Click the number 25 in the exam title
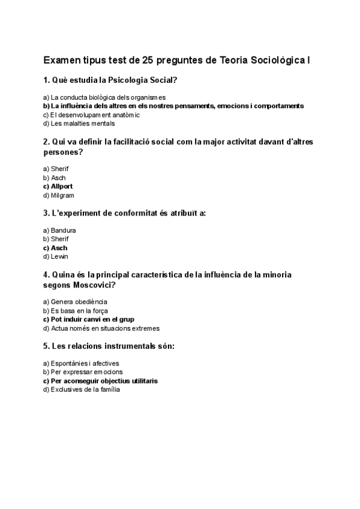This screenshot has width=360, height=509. pyautogui.click(x=149, y=61)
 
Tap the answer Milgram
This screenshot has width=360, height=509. pyautogui.click(x=59, y=195)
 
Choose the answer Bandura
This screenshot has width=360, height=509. pyautogui.click(x=59, y=230)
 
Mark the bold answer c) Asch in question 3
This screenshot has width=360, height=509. pyautogui.click(x=55, y=248)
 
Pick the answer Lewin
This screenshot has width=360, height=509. pyautogui.click(x=56, y=256)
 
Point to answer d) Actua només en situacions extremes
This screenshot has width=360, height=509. pyautogui.click(x=101, y=328)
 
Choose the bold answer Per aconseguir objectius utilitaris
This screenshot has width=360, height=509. pyautogui.click(x=100, y=381)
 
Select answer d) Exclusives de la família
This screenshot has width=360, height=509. pyautogui.click(x=82, y=390)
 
